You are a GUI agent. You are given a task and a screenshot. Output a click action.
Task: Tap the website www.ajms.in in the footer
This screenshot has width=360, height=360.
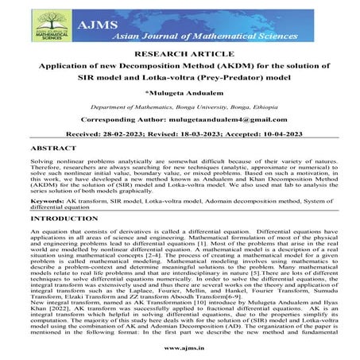180,348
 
